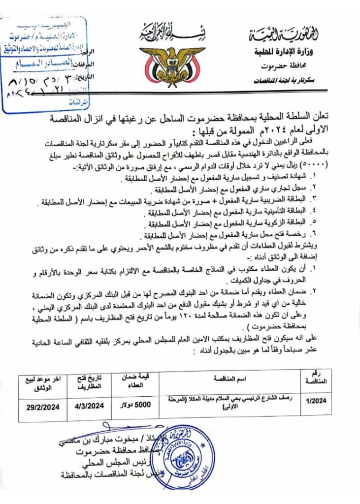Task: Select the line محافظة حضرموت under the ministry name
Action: click(288, 65)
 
